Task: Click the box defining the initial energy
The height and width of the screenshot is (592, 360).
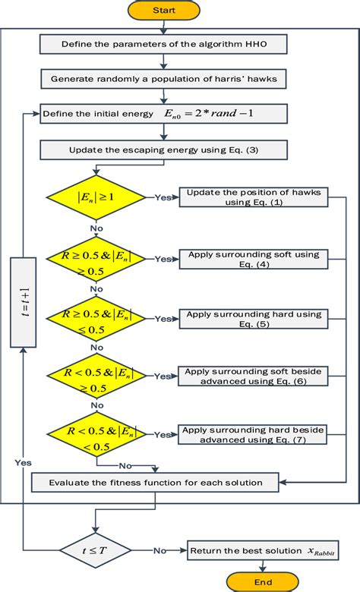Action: [159, 114]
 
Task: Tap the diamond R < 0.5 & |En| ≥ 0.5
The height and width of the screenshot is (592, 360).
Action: [96, 376]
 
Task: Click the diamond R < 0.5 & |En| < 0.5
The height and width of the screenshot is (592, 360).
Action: [96, 434]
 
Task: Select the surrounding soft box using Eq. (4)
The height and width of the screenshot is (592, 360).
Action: [254, 259]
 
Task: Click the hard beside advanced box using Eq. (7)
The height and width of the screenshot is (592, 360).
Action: [254, 434]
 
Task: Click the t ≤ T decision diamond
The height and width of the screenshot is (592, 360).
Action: [96, 550]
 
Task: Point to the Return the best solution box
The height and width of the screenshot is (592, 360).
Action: [261, 550]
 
